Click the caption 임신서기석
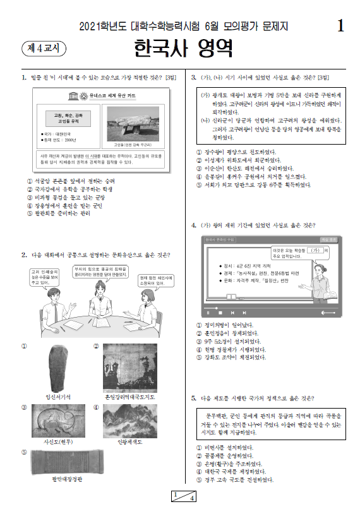pos(57,396)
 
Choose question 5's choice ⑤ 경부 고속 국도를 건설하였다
pos(235,480)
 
